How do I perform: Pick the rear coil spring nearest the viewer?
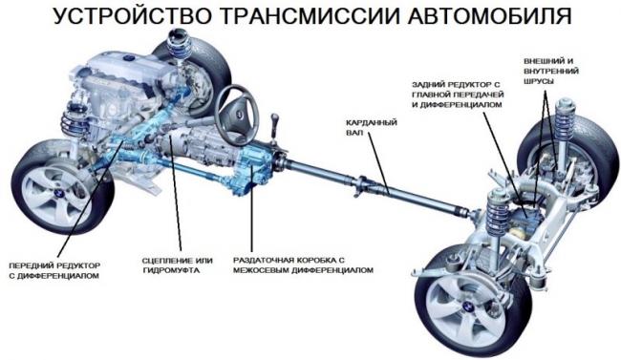(498, 211)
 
